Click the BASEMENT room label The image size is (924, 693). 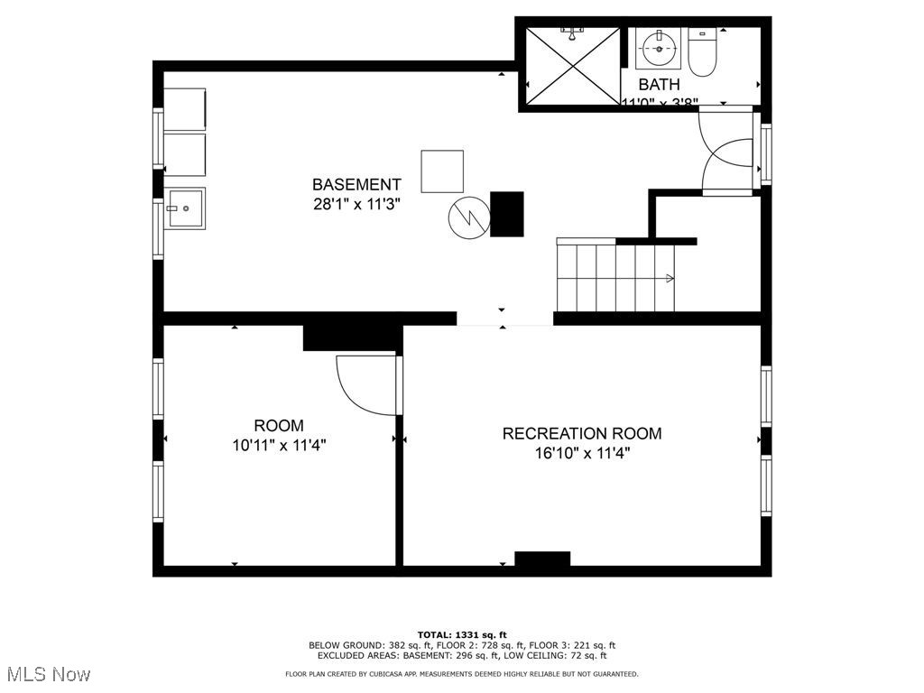tap(356, 184)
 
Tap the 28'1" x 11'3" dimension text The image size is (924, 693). tap(356, 204)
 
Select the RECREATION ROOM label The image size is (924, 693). tap(581, 433)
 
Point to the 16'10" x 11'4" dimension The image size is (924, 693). tap(581, 453)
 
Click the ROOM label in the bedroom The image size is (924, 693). tap(279, 425)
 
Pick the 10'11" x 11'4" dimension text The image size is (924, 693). tap(279, 445)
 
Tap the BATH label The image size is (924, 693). tap(659, 85)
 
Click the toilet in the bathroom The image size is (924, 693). tap(701, 53)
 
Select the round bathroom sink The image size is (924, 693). tap(659, 47)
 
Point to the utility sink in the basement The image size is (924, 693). tap(184, 208)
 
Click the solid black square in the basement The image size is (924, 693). tap(506, 214)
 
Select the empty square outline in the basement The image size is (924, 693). tap(442, 171)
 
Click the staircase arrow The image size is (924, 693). tap(669, 278)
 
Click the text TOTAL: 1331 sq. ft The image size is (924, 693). tap(462, 634)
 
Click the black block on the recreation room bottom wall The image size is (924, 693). tap(542, 559)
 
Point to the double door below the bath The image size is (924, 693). tap(727, 151)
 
